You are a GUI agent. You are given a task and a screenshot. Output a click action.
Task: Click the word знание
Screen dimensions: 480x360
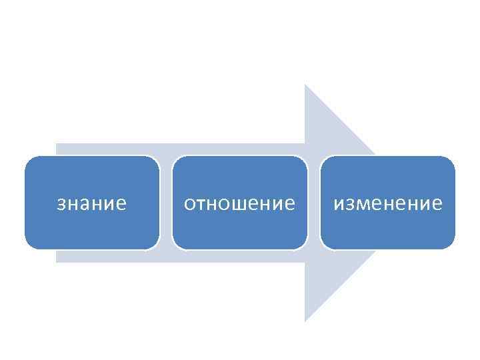(91, 203)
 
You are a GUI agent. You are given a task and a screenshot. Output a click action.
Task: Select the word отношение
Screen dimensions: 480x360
(239, 203)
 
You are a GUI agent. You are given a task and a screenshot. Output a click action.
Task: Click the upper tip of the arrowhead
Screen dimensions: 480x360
(305, 86)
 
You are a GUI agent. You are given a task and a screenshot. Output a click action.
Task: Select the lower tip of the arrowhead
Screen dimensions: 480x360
(305, 320)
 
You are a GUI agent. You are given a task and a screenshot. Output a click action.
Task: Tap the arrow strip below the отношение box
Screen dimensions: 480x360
(239, 256)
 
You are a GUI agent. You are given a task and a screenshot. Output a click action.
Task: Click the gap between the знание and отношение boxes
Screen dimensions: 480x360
(166, 203)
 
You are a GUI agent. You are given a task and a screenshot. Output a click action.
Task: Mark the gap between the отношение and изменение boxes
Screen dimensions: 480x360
(314, 203)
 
